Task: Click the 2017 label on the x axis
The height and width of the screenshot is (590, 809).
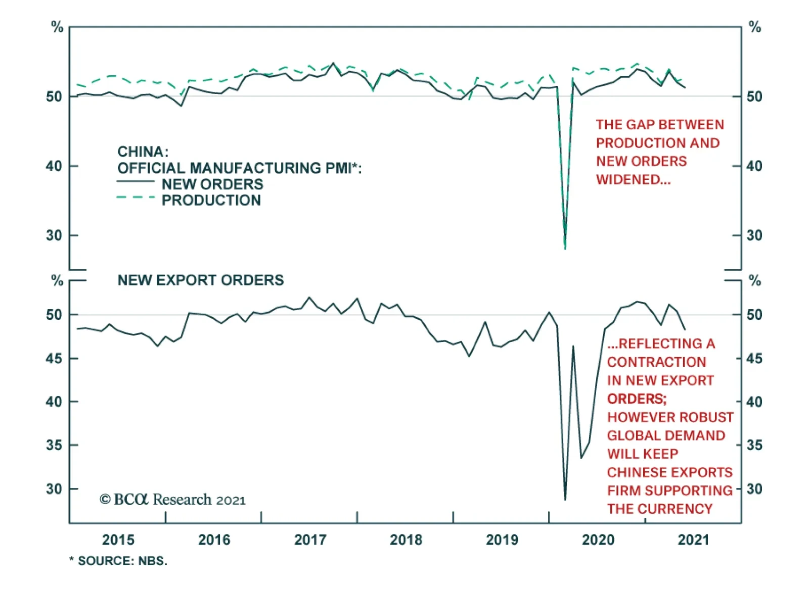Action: point(310,539)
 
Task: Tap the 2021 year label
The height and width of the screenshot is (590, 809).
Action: point(693,539)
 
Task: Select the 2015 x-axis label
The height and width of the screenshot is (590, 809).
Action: point(118,539)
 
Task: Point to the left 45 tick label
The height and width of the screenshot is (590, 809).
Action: point(54,358)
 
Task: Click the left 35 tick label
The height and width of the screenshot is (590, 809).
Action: point(54,445)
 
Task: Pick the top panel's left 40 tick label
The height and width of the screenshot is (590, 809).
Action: point(54,166)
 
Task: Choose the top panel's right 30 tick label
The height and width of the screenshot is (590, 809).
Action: point(754,235)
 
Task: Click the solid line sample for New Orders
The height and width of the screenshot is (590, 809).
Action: point(136,181)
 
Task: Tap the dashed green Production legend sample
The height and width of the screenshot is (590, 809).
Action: point(136,198)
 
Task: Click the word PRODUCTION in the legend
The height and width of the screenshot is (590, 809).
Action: point(211,200)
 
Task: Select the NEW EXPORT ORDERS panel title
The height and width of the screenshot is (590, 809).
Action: point(201,280)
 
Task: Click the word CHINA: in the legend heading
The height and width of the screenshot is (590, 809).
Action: point(143,152)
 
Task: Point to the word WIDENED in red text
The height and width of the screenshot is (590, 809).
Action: point(633,179)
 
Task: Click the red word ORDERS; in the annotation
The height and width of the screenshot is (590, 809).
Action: point(637,399)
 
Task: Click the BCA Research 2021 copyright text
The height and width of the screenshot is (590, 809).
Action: point(172,500)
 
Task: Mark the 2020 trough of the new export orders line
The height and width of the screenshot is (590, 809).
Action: point(565,500)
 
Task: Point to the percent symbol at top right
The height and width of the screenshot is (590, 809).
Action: point(754,27)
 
